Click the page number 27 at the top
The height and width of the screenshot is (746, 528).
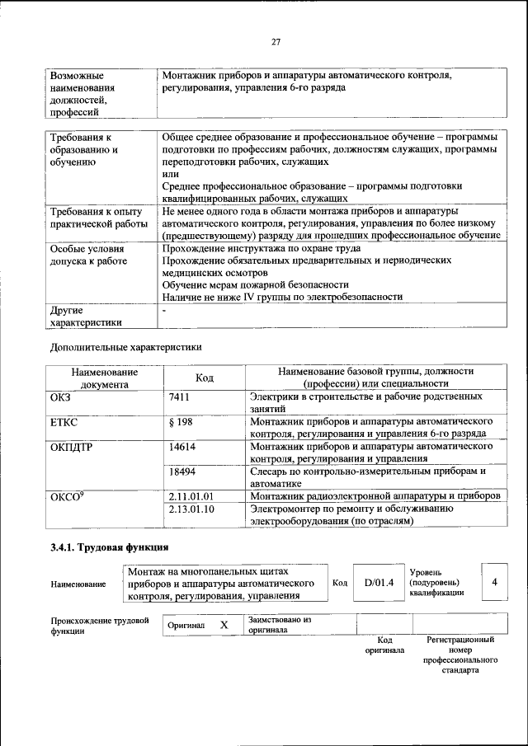click(x=276, y=42)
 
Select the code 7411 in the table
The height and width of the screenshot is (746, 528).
click(x=180, y=397)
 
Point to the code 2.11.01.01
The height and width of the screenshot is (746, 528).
click(x=191, y=497)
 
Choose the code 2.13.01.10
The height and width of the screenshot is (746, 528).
click(x=191, y=509)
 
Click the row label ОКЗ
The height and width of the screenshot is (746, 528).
click(x=63, y=397)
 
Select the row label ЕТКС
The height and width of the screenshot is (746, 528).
click(x=65, y=422)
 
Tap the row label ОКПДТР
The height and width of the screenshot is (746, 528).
click(x=73, y=447)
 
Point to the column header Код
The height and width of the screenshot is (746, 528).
click(x=204, y=378)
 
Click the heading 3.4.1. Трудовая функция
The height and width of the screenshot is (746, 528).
click(x=111, y=547)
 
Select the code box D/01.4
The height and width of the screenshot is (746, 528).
click(x=379, y=583)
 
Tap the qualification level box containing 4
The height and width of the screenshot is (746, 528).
click(x=494, y=582)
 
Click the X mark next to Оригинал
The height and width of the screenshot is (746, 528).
click(x=224, y=625)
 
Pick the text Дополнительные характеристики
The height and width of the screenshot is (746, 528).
click(x=125, y=347)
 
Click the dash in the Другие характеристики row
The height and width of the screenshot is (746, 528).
click(x=165, y=311)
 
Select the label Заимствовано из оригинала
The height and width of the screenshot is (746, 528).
click(x=279, y=624)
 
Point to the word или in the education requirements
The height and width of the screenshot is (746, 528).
click(x=170, y=174)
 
